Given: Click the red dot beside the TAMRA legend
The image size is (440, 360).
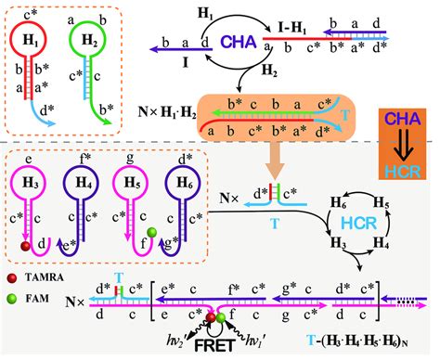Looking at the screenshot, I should [11, 277].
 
